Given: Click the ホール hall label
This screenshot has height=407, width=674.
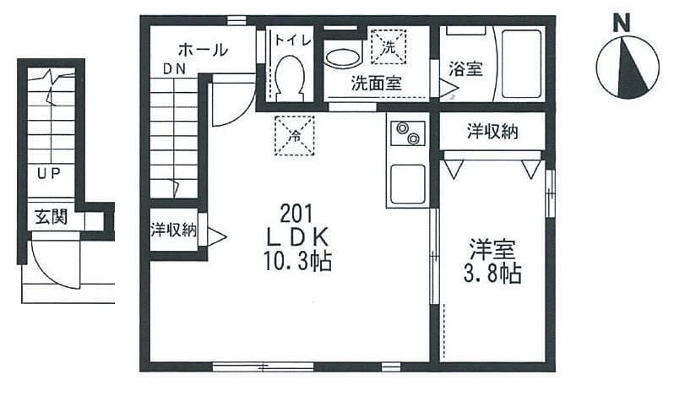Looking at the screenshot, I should (x=203, y=50).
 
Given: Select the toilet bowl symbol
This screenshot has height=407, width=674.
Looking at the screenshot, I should (x=290, y=73).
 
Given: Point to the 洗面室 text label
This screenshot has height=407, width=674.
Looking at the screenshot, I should (x=376, y=83).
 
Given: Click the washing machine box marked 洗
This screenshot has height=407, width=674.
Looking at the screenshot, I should (x=389, y=46).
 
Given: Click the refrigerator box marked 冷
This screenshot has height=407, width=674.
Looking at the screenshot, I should (x=295, y=135).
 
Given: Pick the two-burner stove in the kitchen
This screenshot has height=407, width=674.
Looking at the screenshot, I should (x=408, y=134).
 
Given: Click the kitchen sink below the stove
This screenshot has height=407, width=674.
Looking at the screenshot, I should (x=407, y=182).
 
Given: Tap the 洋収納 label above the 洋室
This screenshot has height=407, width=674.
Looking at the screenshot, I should (x=492, y=131).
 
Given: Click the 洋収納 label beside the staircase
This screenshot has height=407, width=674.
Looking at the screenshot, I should (x=174, y=229).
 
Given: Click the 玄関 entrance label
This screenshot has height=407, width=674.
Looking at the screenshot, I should (x=51, y=217).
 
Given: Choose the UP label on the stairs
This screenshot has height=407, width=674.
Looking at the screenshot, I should (x=48, y=175).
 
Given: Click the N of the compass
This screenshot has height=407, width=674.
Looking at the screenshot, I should (x=621, y=23).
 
